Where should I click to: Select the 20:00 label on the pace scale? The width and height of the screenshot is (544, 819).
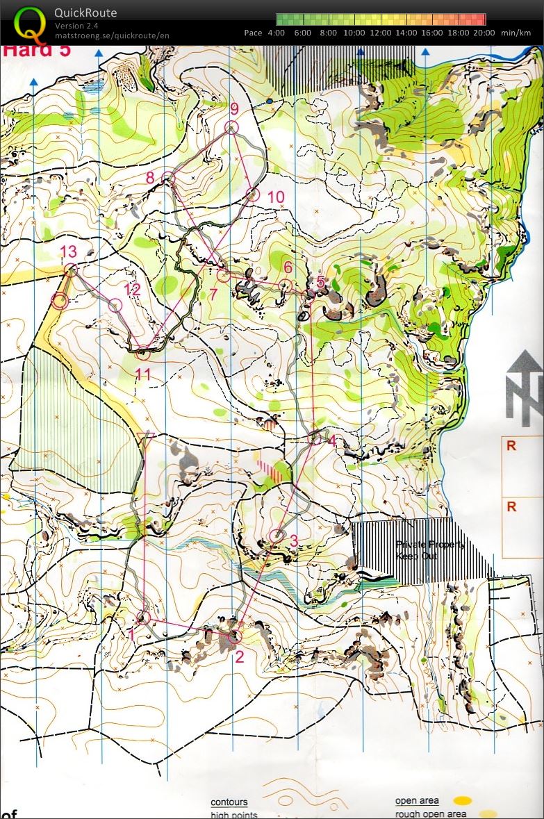coord(484,33)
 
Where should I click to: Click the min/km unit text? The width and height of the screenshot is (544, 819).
coord(515,33)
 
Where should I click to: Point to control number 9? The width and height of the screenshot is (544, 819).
coord(234,109)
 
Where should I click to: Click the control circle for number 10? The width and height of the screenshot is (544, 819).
coord(253,195)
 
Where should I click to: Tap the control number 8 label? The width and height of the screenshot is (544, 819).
coord(150,178)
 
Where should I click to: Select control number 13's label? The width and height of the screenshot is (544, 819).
coord(68,251)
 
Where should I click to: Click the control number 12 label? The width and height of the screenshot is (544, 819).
coord(132,290)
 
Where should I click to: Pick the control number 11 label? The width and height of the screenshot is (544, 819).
coord(143,375)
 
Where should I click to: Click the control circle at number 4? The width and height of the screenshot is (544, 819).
coord(315,438)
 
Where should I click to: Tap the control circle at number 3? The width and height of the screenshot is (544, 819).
coord(277,536)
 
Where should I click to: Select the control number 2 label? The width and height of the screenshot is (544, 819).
coord(239,656)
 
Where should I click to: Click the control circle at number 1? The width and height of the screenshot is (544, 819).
coord(143,617)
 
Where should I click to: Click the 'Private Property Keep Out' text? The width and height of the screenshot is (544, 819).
coord(429,550)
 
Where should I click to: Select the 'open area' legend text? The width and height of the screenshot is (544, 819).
coord(417,801)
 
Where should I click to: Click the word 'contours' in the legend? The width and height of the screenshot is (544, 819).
coord(229,802)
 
